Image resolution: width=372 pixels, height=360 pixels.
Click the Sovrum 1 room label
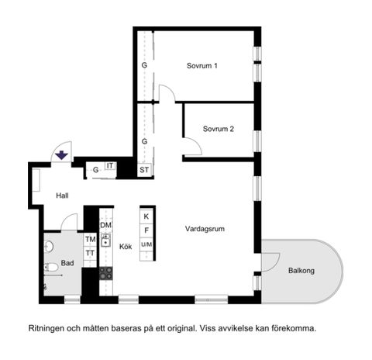pyautogui.click(x=201, y=66)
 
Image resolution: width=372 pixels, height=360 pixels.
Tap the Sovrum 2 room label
pyautogui.click(x=218, y=129)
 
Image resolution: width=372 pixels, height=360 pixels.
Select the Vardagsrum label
pyautogui.click(x=205, y=229)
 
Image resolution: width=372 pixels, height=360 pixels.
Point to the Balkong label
pyautogui.click(x=301, y=271)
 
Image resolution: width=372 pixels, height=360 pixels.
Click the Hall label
pyautogui.click(x=63, y=196)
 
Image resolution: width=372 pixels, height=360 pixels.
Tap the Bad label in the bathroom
pyautogui.click(x=67, y=263)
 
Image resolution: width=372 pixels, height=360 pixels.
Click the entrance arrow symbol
pyautogui.click(x=60, y=156)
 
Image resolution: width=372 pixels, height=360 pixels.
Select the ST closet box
pyautogui.click(x=144, y=169)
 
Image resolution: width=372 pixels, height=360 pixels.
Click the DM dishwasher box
pyautogui.click(x=106, y=225)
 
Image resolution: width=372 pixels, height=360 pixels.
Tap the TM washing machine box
pyautogui.click(x=90, y=240)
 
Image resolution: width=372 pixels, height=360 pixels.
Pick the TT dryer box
pyautogui.click(x=90, y=253)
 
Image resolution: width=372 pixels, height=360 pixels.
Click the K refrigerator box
pyautogui.click(x=146, y=216)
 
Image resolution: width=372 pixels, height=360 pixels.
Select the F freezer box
pyautogui.click(x=146, y=230)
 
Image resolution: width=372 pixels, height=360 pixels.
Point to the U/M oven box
pyautogui.click(x=146, y=244)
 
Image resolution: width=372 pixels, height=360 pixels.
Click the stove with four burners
pyautogui.click(x=106, y=272)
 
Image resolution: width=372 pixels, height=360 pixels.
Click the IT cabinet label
pyautogui.click(x=110, y=165)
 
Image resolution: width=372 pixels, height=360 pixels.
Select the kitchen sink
pyautogui.click(x=106, y=241)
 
